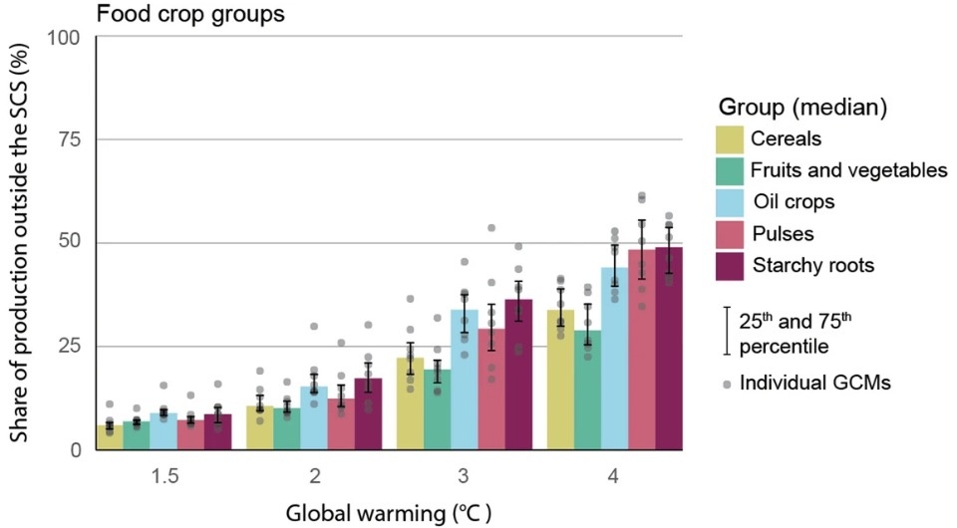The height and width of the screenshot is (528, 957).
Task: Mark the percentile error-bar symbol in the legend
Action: (727, 332)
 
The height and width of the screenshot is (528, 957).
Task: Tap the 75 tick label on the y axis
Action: (71, 140)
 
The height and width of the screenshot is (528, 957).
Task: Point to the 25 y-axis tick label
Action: (71, 347)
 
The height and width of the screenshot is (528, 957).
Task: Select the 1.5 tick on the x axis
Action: (164, 477)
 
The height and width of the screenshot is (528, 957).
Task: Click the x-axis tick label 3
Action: (465, 477)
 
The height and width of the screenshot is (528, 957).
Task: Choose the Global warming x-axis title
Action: (389, 513)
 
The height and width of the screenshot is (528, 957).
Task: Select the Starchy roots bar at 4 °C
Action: (668, 349)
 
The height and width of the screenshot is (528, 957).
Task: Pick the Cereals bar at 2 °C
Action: (259, 428)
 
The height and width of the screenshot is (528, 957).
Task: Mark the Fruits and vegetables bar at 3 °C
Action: (437, 409)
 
